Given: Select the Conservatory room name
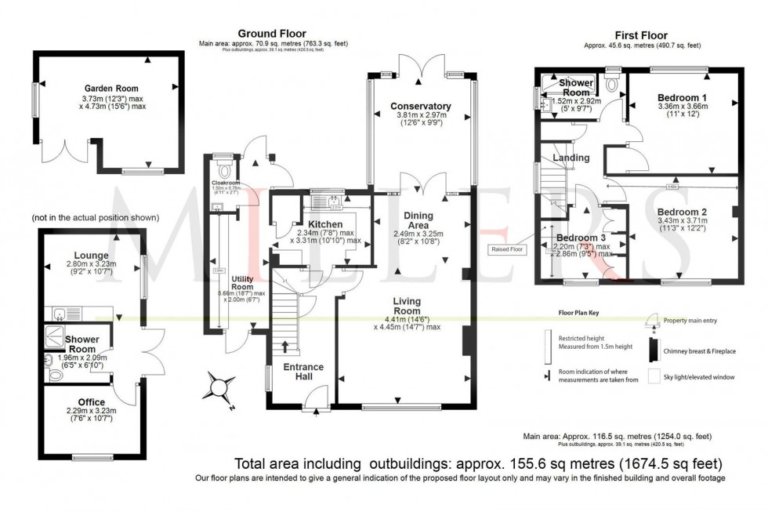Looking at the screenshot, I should [422, 106].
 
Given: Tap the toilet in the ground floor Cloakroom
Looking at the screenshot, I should [226, 169].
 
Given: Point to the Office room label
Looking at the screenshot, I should [85, 402].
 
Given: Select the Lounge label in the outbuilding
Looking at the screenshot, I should [92, 255].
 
